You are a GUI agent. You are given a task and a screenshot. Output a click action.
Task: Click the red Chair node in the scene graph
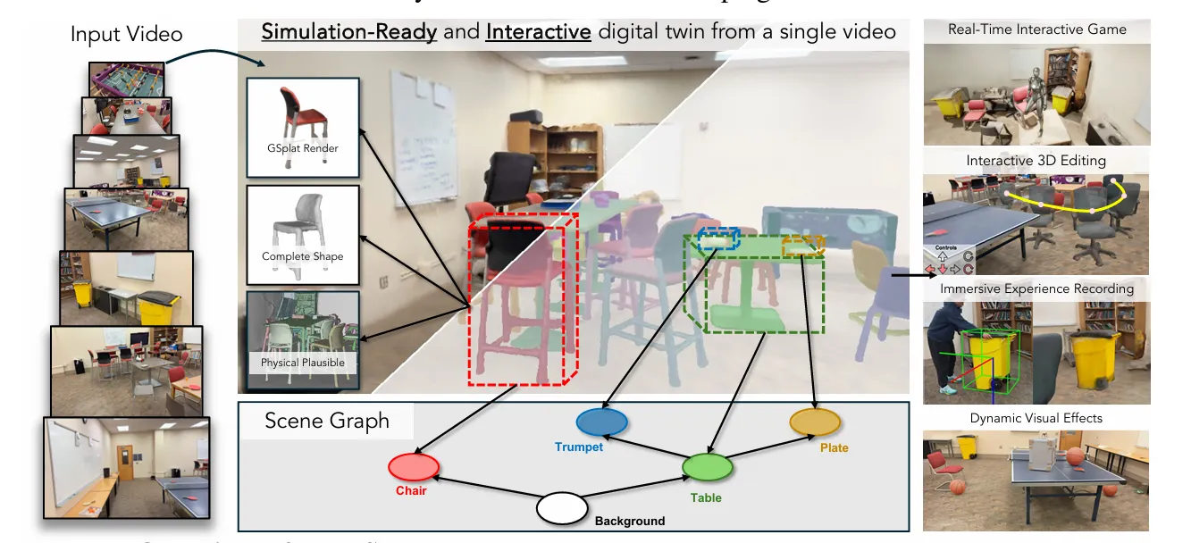(414, 466)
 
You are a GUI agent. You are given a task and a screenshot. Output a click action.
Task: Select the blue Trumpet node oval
(603, 422)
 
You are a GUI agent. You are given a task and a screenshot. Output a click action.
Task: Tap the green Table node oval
(708, 467)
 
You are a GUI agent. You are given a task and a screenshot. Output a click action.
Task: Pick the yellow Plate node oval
(815, 422)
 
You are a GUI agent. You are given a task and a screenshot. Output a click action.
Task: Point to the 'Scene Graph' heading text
(327, 421)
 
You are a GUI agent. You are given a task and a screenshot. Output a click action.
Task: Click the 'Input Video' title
(126, 35)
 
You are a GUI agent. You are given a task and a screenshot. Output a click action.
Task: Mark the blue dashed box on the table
(719, 238)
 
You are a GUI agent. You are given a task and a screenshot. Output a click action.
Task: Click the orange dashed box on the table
(802, 246)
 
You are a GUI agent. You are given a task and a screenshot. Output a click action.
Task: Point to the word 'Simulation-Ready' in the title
(348, 32)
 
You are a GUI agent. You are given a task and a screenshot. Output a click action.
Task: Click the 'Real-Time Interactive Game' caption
(1037, 29)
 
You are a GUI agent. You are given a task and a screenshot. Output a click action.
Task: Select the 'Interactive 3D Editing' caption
(1036, 161)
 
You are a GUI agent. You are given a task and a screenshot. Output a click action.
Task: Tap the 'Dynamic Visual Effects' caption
(1036, 418)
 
